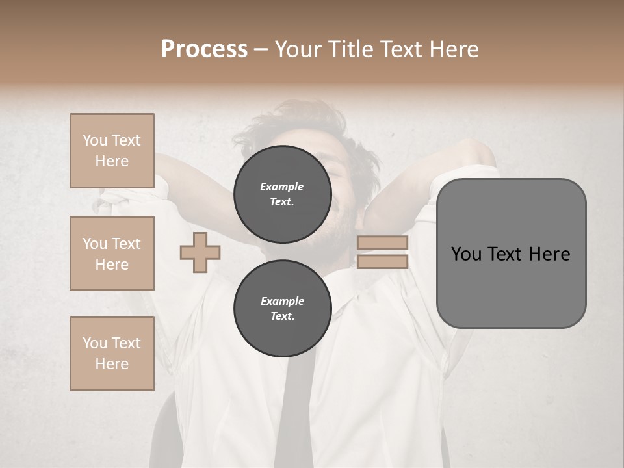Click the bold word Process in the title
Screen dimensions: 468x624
click(204, 49)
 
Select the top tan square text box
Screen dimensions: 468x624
click(112, 151)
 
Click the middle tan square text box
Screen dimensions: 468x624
click(112, 253)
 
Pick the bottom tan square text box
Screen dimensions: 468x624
click(112, 354)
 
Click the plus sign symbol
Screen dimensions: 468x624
click(200, 252)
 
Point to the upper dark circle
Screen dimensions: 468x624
click(282, 194)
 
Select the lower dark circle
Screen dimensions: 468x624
click(282, 308)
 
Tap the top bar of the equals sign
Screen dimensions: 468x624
click(382, 243)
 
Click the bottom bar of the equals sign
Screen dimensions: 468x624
click(382, 261)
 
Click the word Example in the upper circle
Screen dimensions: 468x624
click(282, 187)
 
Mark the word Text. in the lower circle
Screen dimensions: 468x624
click(282, 317)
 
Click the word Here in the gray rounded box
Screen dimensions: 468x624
click(549, 254)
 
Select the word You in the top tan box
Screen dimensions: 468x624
click(95, 140)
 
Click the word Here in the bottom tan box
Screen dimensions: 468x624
click(112, 364)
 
